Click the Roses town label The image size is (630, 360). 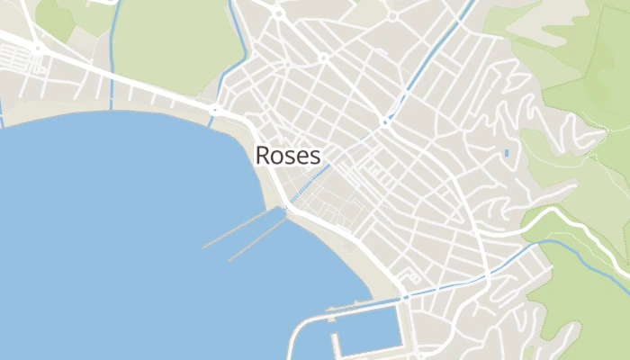pos(288,155)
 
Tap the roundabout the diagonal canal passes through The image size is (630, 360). pos(385,121)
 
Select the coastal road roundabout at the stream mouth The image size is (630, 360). pos(215,111)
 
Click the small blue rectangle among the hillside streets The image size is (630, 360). pos(506,153)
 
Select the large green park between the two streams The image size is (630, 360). pos(171,45)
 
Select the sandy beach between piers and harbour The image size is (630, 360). pos(360,261)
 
